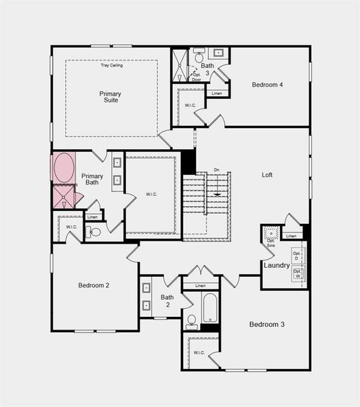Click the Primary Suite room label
[109, 96]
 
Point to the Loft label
[267, 174]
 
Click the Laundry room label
[277, 265]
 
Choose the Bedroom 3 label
[266, 324]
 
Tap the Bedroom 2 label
[94, 285]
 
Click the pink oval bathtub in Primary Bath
[64, 168]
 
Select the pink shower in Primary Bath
[64, 197]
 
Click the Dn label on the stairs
[216, 170]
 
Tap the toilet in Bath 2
[191, 321]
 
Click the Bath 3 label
[207, 69]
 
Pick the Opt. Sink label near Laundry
[271, 241]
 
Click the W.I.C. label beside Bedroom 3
[199, 353]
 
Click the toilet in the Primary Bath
[95, 232]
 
